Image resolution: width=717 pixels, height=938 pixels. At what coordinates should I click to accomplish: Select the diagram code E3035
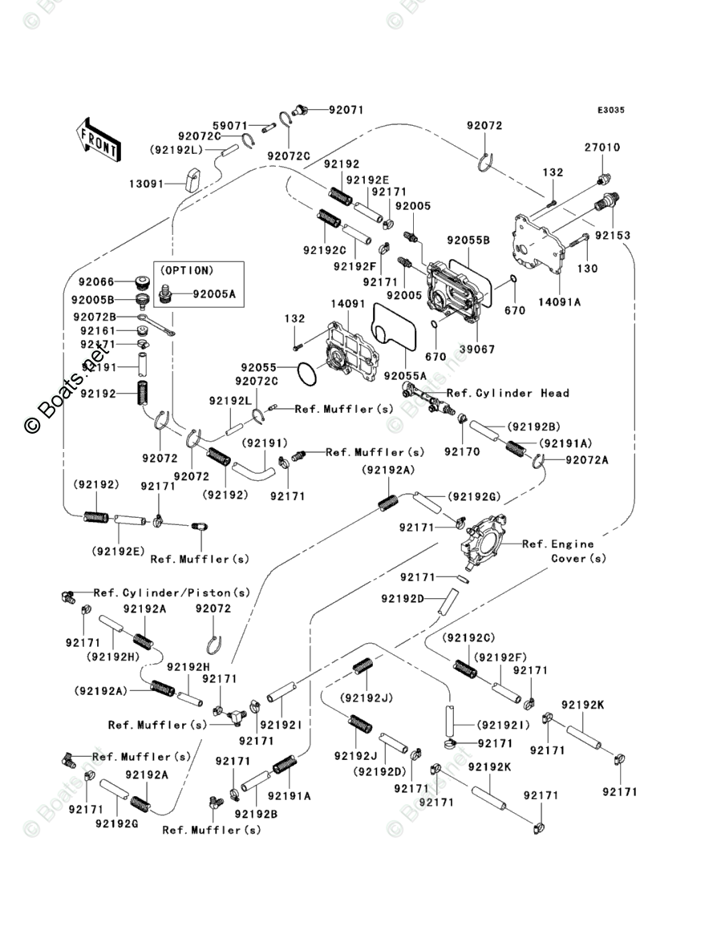[610, 111]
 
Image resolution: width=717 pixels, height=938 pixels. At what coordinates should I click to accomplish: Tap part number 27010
[602, 148]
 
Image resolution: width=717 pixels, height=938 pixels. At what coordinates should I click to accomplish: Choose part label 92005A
[214, 294]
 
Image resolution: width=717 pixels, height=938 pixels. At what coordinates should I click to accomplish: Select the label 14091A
[560, 301]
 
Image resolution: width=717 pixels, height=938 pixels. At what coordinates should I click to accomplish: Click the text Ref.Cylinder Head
[508, 393]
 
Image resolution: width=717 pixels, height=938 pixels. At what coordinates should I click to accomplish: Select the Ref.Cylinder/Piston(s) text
[172, 593]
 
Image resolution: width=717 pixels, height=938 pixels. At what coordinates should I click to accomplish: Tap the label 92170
[463, 451]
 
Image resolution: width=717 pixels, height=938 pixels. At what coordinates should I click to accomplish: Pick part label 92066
[96, 282]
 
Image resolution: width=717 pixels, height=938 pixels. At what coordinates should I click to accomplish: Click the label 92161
[96, 330]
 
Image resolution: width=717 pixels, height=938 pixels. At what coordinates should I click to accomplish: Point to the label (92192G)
[473, 497]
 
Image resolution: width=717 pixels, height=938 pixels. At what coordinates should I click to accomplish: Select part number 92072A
[588, 459]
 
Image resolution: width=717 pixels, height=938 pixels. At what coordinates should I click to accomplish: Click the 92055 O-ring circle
[308, 374]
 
